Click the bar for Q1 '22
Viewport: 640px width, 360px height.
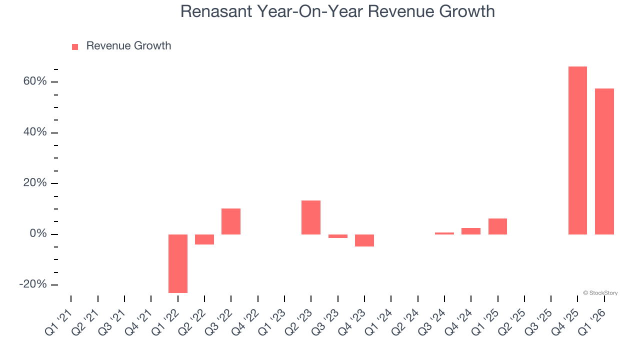(177, 263)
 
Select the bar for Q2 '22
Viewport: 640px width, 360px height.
(204, 239)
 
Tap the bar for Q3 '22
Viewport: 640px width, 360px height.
(231, 221)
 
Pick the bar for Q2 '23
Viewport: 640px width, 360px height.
(311, 217)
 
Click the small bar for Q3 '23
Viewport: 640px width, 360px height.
(338, 236)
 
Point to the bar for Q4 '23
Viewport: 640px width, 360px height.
(364, 240)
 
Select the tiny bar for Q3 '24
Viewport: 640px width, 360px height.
(444, 233)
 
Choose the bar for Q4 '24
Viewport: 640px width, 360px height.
(471, 231)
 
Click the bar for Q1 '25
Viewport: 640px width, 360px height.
(497, 226)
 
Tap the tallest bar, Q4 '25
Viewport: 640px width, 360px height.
(577, 150)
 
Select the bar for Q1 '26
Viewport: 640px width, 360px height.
(604, 161)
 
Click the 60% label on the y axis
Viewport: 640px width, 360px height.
(34, 81)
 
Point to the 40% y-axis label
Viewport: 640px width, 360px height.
(34, 132)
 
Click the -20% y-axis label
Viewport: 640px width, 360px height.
(33, 284)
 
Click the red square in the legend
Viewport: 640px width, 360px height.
(75, 46)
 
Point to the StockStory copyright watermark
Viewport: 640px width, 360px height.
(600, 293)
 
